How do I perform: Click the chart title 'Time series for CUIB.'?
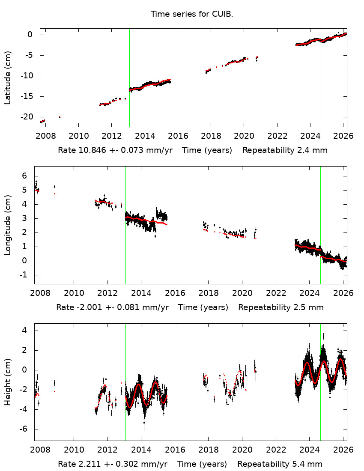(191, 14)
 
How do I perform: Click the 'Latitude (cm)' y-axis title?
(8, 78)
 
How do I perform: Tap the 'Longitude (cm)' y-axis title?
(8, 225)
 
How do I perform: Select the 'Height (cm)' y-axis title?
(8, 382)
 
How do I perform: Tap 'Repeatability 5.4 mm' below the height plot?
(280, 464)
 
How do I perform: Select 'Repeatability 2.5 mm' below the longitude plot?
(281, 307)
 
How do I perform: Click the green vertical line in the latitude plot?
(129, 64)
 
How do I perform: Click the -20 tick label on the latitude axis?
(27, 117)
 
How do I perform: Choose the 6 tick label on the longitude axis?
(25, 176)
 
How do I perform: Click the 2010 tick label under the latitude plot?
(78, 136)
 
